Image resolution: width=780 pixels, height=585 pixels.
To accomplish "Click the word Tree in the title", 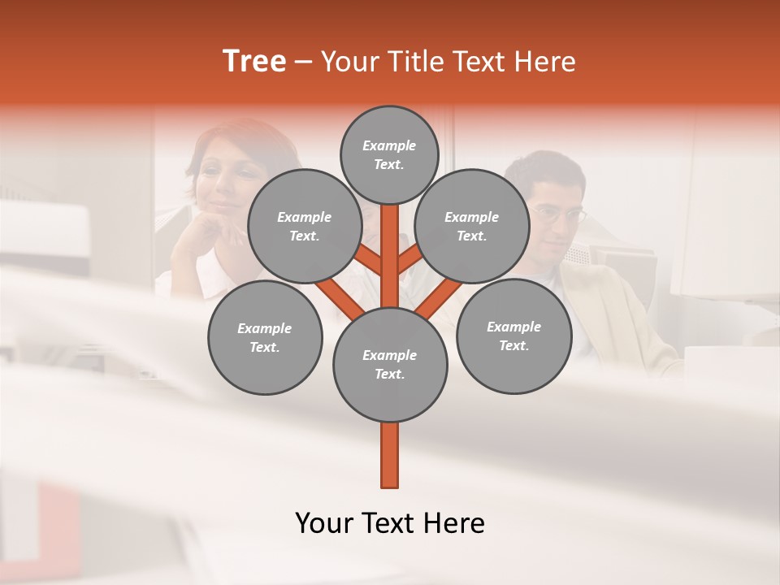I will point(254,62).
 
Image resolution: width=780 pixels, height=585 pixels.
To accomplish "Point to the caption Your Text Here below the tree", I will point(389,523).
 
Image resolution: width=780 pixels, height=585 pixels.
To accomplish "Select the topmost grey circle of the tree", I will point(389,154).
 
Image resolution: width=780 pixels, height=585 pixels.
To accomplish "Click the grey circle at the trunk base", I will point(390,365).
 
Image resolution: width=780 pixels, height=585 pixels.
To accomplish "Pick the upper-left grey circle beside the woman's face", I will point(305,227).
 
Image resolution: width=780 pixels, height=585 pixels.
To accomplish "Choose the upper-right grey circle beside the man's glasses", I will point(472,227).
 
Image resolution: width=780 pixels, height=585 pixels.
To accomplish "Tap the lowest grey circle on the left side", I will point(265,338).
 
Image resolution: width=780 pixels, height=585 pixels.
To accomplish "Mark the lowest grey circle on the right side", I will point(513,336).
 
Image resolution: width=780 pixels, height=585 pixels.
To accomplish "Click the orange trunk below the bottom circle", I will point(390,455).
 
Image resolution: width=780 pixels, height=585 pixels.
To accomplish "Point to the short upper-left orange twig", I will point(370,260).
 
